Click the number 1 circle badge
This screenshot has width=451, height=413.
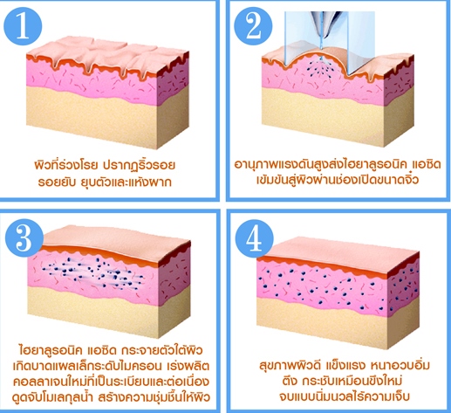click(x=23, y=26)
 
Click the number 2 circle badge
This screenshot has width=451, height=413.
click(x=253, y=26)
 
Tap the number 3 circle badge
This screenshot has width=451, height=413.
click(x=24, y=237)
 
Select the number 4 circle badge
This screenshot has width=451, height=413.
click(x=255, y=238)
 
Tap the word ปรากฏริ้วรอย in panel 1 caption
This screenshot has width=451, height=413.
click(x=139, y=165)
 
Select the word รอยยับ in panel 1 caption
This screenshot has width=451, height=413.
click(x=56, y=182)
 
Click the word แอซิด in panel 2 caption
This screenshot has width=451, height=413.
click(x=427, y=164)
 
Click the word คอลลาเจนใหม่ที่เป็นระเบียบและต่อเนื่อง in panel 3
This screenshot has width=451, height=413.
click(x=111, y=382)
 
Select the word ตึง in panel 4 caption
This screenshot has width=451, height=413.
click(x=290, y=381)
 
